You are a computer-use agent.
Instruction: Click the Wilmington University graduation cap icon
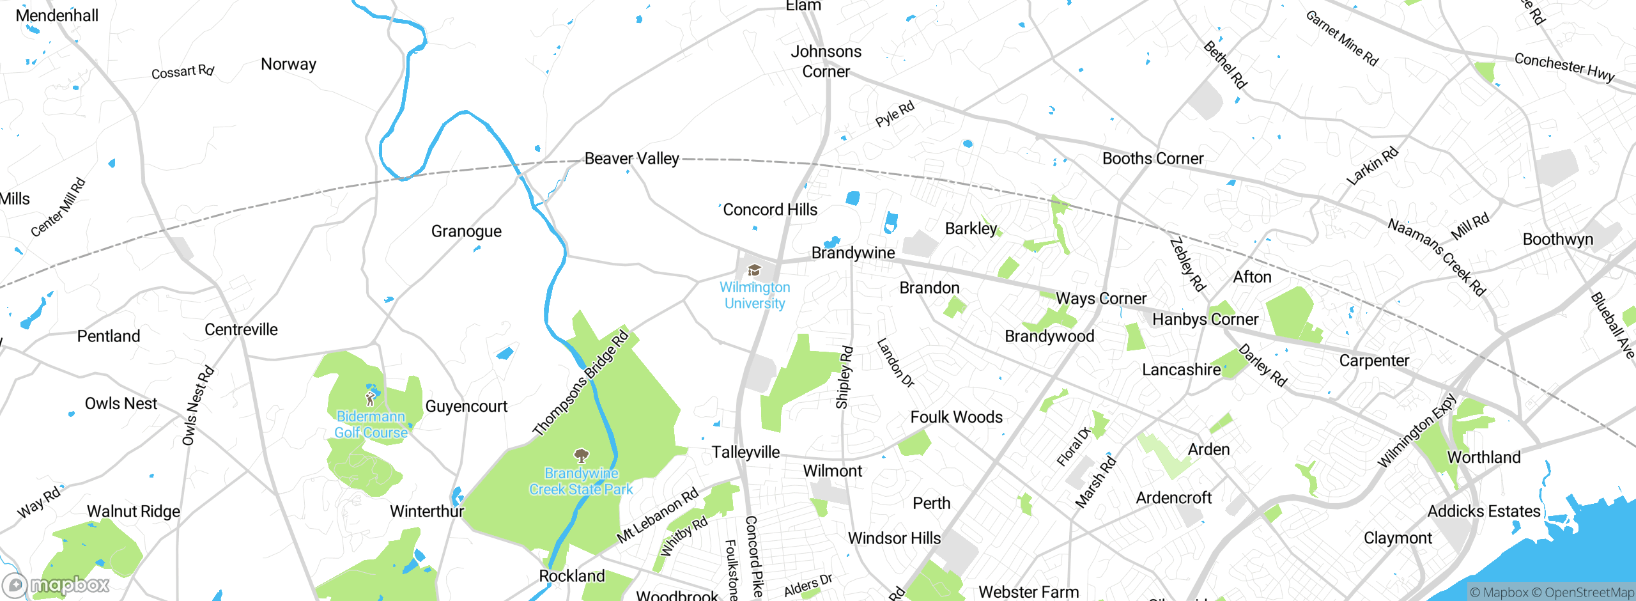[x=754, y=270]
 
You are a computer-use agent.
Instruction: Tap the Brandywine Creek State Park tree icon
[x=581, y=456]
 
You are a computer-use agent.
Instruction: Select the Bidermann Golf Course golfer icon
[x=370, y=400]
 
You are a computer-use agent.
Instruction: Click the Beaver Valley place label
[x=631, y=159]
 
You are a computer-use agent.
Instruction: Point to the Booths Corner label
[x=1152, y=159]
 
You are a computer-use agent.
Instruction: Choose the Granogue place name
[x=466, y=231]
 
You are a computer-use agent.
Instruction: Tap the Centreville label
[x=241, y=329]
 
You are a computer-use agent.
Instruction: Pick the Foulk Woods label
[x=956, y=417]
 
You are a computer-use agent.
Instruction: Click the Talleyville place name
[x=745, y=452]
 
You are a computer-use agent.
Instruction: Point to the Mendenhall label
[x=57, y=15]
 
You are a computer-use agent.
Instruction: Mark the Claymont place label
[x=1397, y=538]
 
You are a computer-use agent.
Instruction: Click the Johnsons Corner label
[x=826, y=61]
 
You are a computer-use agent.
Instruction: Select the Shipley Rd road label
[x=844, y=377]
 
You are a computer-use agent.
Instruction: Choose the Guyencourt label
[x=466, y=406]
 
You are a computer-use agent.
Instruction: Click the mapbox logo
[x=56, y=584]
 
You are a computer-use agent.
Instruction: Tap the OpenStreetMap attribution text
[x=1588, y=593]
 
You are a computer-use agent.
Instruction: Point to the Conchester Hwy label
[x=1564, y=67]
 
